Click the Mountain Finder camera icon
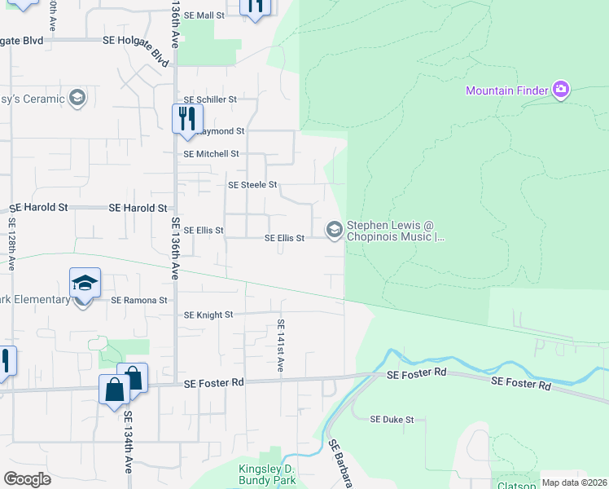tap(560, 90)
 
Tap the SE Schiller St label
tap(209, 99)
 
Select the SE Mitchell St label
tap(211, 154)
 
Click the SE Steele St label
tap(252, 185)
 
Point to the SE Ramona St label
tap(138, 300)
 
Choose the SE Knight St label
tap(208, 315)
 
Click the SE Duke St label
tap(392, 420)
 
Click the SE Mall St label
tap(204, 15)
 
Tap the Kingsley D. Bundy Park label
tap(268, 475)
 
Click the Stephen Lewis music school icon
tap(334, 231)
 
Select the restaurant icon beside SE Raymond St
tap(187, 119)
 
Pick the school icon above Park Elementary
tap(85, 283)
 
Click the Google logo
tap(27, 479)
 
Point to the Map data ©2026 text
tap(574, 482)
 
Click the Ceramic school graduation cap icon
tap(77, 99)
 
